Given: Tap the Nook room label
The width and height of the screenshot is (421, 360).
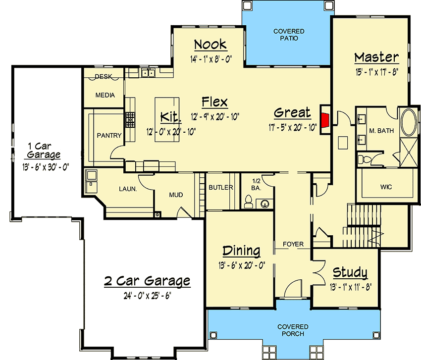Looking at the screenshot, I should [210, 45].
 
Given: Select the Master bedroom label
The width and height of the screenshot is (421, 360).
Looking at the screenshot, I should [376, 57].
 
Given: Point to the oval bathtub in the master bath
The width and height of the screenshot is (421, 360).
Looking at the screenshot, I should [408, 123].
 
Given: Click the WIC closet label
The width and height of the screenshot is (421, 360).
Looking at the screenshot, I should [386, 188].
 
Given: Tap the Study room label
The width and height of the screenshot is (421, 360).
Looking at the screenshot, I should [350, 272].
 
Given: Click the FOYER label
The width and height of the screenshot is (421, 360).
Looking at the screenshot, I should [293, 244].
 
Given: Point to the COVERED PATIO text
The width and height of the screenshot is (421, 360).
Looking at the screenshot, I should [289, 35].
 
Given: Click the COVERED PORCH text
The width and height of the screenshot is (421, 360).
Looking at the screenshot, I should [293, 330].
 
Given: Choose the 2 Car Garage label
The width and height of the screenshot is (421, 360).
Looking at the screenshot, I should [147, 281].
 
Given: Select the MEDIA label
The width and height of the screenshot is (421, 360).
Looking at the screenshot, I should [105, 95].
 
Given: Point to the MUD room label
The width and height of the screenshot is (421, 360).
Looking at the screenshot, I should [176, 195].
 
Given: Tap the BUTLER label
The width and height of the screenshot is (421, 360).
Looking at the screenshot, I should [218, 188].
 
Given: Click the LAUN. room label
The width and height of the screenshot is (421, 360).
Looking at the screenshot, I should [127, 189].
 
